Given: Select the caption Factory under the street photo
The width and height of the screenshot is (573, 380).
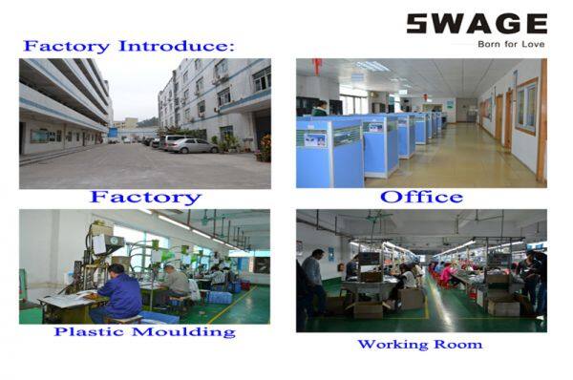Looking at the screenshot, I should coord(145,198).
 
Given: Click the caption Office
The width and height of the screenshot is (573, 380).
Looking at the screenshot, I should coord(421,198).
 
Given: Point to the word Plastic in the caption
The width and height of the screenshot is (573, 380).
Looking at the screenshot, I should coord(86,331).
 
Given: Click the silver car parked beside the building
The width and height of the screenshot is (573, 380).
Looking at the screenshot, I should coord(191,145).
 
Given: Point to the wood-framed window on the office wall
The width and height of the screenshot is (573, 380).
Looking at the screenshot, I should coord(526,107).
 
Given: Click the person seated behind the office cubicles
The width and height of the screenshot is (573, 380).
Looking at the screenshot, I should coord(321,108).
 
